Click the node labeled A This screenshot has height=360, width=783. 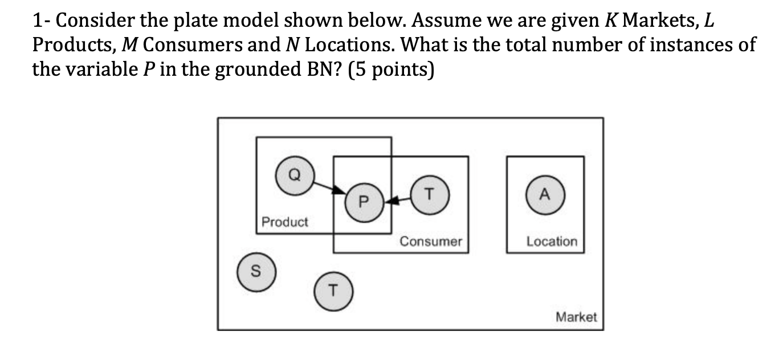click(x=544, y=194)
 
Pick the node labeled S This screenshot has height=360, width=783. click(x=256, y=272)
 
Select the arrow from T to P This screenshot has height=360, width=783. click(x=398, y=199)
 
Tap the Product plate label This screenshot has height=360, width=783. click(x=285, y=222)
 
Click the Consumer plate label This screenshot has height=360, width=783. click(x=430, y=242)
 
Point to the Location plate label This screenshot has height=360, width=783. click(x=551, y=242)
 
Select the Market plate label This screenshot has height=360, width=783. click(x=576, y=317)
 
